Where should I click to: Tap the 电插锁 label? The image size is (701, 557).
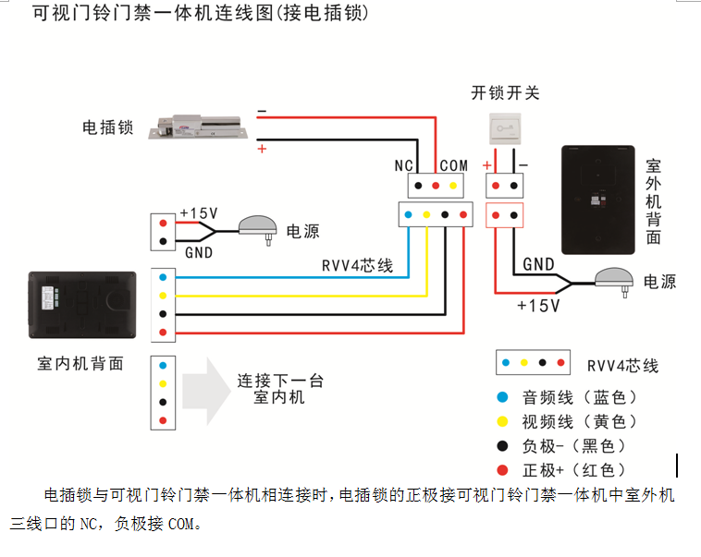[108, 127]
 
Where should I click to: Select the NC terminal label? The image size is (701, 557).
[403, 165]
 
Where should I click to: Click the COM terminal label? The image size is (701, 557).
[453, 165]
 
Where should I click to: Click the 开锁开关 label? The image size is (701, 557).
[505, 92]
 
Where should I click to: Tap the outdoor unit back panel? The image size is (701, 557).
[597, 199]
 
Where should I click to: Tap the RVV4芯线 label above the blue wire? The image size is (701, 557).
[358, 266]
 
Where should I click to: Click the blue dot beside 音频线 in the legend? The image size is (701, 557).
[502, 397]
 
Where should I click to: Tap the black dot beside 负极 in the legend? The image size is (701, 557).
[502, 445]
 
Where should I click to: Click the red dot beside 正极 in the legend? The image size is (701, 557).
[502, 469]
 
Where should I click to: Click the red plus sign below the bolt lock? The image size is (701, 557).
[262, 148]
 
